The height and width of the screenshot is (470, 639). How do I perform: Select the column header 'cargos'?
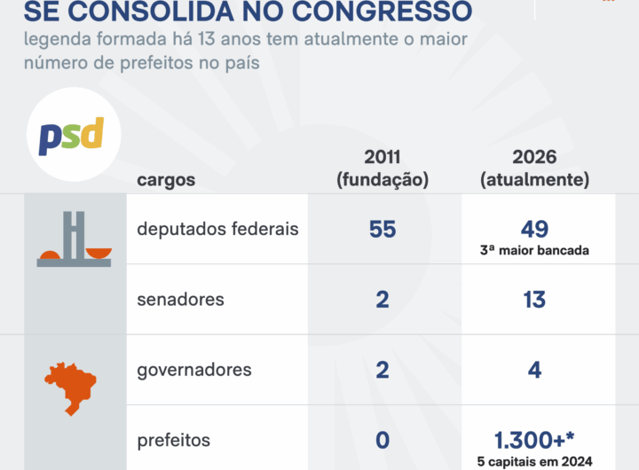click(x=166, y=180)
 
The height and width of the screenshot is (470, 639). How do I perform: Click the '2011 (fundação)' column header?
click(x=383, y=168)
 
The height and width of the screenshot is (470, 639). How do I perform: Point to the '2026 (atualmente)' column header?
click(x=534, y=168)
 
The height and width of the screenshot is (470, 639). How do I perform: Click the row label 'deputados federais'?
click(x=217, y=229)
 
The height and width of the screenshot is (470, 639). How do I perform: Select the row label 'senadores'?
click(x=180, y=300)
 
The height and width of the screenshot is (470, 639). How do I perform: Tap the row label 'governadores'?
click(x=194, y=370)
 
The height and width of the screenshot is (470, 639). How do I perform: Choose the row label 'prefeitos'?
click(x=174, y=440)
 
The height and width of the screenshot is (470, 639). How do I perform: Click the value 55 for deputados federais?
click(x=383, y=229)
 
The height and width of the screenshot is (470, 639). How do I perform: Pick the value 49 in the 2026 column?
click(x=534, y=229)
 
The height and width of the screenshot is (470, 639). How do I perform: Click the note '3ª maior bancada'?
click(x=534, y=250)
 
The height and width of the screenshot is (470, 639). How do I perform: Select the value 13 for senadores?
click(x=534, y=300)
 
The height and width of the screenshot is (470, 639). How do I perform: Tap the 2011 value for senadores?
click(x=383, y=300)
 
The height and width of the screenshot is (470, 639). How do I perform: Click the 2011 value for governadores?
click(x=383, y=370)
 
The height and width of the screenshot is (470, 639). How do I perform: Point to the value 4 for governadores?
click(x=534, y=370)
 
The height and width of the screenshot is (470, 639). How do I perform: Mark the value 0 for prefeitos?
click(x=383, y=440)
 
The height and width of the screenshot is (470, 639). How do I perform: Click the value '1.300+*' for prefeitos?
click(x=534, y=440)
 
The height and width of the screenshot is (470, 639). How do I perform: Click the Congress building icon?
click(x=75, y=239)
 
